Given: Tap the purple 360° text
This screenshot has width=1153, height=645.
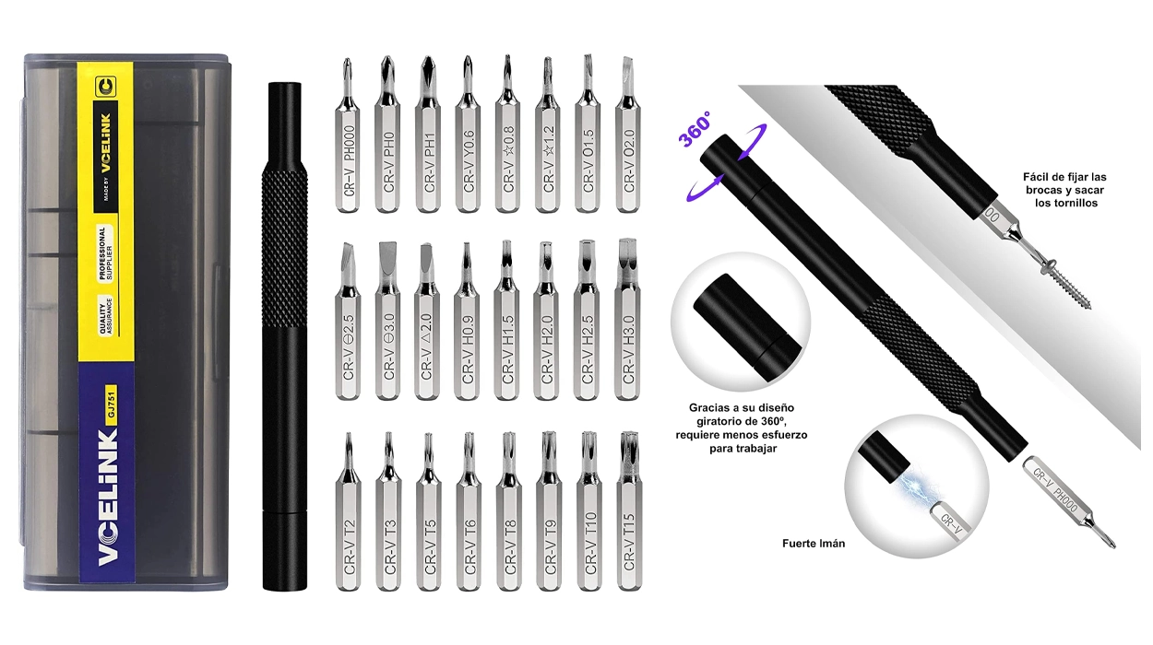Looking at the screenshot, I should coord(695,129).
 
